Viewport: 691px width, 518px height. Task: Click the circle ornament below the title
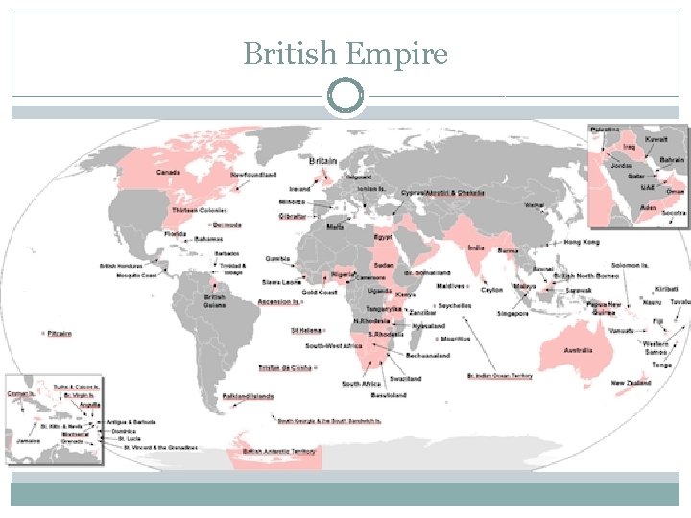tap(345, 96)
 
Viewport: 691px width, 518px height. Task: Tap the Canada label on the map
tap(168, 172)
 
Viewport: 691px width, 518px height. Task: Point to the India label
tap(475, 247)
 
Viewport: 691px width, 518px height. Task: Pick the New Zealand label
tap(631, 384)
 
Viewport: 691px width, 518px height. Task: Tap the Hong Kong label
tap(582, 242)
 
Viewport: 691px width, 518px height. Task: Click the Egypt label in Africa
tap(383, 235)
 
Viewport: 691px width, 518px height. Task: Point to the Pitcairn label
tap(59, 333)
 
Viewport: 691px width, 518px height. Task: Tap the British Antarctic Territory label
tap(278, 450)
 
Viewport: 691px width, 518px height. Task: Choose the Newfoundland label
tap(254, 175)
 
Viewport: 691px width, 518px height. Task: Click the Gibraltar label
tap(293, 217)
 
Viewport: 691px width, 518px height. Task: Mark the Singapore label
tap(512, 313)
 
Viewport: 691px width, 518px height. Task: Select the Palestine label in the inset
tap(605, 129)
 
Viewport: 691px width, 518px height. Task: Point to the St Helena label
tap(306, 331)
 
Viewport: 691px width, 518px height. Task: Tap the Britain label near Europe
tap(322, 160)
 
